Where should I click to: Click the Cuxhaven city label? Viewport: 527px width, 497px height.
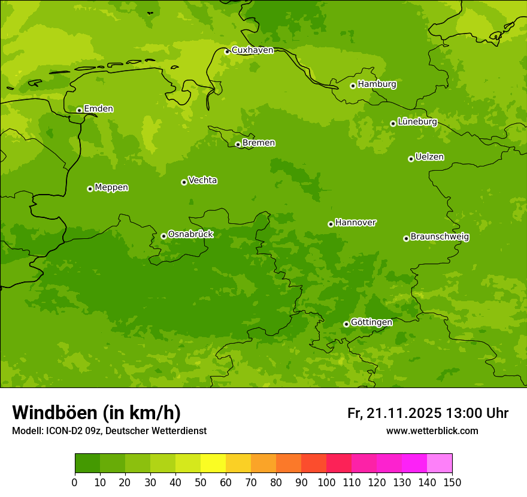(252, 50)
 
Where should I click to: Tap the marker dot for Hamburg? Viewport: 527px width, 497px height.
(353, 86)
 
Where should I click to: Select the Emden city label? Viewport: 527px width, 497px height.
(98, 109)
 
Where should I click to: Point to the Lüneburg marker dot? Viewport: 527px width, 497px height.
(393, 123)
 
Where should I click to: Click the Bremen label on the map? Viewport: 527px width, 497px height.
(259, 143)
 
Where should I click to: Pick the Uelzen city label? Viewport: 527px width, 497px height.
(429, 157)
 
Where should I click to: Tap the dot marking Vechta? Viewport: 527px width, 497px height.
(184, 182)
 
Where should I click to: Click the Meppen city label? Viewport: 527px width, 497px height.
(111, 187)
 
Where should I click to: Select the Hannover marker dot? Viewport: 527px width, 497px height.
(331, 224)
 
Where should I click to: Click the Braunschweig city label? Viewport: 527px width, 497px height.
(440, 237)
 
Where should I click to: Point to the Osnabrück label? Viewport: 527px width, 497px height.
(190, 235)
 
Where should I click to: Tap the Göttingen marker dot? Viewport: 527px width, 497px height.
(346, 324)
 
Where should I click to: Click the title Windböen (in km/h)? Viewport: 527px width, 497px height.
(96, 413)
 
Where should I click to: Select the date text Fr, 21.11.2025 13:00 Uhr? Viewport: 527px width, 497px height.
(428, 413)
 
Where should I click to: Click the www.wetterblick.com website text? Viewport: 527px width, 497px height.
(432, 431)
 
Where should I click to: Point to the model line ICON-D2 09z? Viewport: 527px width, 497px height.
(109, 431)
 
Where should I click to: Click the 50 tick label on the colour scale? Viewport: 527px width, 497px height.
(201, 482)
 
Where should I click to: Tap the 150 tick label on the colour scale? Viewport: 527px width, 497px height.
(452, 482)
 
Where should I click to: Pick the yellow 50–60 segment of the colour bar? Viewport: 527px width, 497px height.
(213, 463)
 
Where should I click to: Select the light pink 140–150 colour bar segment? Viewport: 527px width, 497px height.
(440, 463)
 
